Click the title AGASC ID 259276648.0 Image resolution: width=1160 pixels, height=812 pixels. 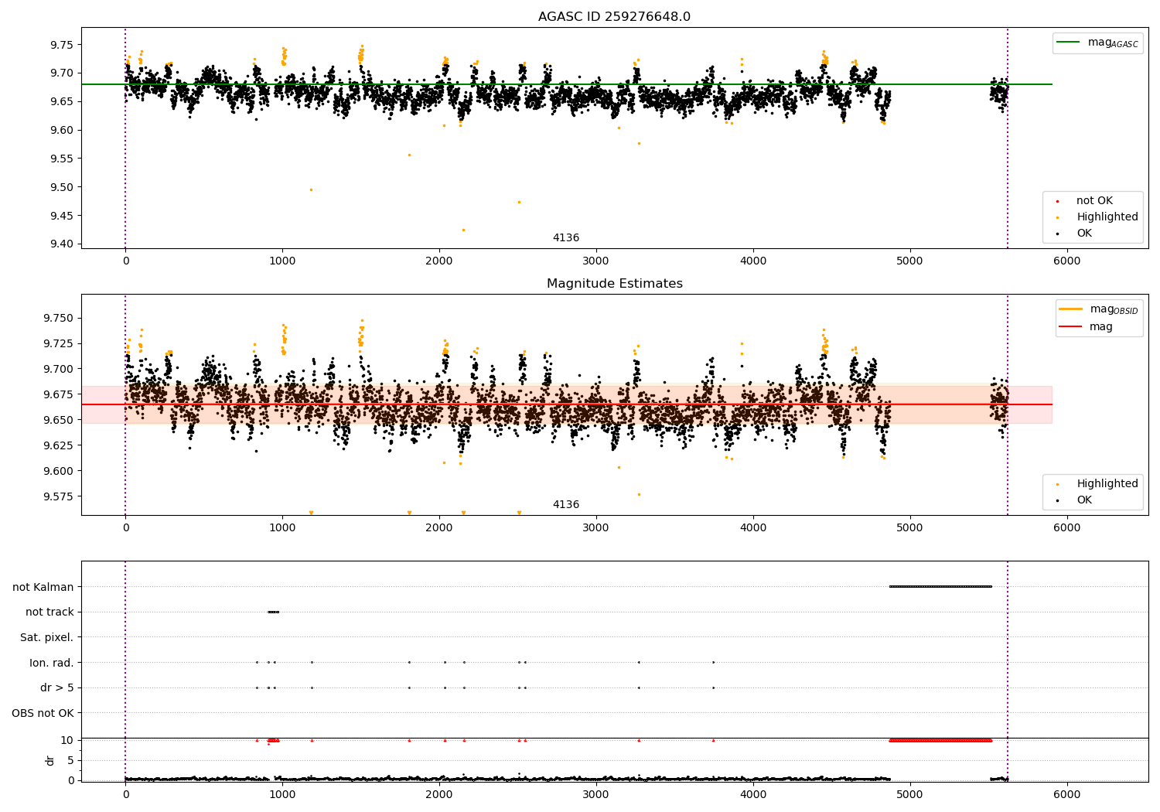point(614,17)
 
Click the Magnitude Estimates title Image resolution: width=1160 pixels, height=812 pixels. point(614,284)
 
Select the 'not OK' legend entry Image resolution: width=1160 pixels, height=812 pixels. point(1093,201)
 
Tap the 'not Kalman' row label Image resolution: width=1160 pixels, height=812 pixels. point(43,587)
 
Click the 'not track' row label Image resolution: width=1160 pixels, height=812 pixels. point(49,612)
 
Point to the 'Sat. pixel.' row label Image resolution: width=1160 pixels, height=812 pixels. point(46,637)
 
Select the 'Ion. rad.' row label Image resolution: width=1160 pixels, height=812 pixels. point(51,663)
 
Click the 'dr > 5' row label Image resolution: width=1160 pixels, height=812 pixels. point(56,687)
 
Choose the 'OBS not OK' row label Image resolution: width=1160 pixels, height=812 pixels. point(43,713)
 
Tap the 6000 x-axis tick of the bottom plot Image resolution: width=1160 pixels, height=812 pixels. point(1066,794)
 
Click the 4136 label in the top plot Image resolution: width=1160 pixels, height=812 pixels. point(565,238)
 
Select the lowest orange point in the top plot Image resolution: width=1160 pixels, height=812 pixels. point(463,230)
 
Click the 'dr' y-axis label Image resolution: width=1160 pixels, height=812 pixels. point(50,760)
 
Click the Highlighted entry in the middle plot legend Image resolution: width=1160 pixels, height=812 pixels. point(1107,484)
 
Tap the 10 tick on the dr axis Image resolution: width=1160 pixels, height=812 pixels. point(67,740)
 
